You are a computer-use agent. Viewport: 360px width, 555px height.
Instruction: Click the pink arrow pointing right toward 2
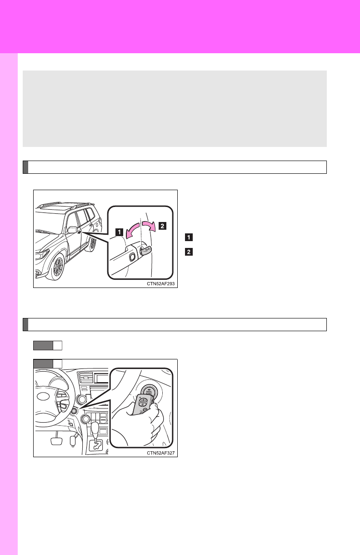point(149,226)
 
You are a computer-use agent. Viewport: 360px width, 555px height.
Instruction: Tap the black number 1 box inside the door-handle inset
point(120,232)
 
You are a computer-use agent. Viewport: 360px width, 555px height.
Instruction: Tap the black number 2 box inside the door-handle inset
point(162,226)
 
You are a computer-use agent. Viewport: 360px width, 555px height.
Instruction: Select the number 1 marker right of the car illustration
point(189,237)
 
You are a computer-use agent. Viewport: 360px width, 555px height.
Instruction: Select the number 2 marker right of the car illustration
point(189,252)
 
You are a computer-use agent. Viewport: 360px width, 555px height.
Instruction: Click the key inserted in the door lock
point(145,250)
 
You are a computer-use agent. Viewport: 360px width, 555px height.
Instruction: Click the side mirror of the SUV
point(72,229)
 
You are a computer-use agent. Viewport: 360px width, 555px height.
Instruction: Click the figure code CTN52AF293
point(161,284)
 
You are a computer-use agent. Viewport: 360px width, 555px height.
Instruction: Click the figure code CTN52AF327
point(161,453)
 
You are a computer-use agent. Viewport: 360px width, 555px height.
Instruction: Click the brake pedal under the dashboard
point(56,440)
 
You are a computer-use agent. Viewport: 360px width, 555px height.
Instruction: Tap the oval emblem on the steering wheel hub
point(43,396)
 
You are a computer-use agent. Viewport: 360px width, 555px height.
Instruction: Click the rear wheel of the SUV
point(93,243)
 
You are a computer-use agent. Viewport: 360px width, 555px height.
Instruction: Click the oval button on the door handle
point(132,257)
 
